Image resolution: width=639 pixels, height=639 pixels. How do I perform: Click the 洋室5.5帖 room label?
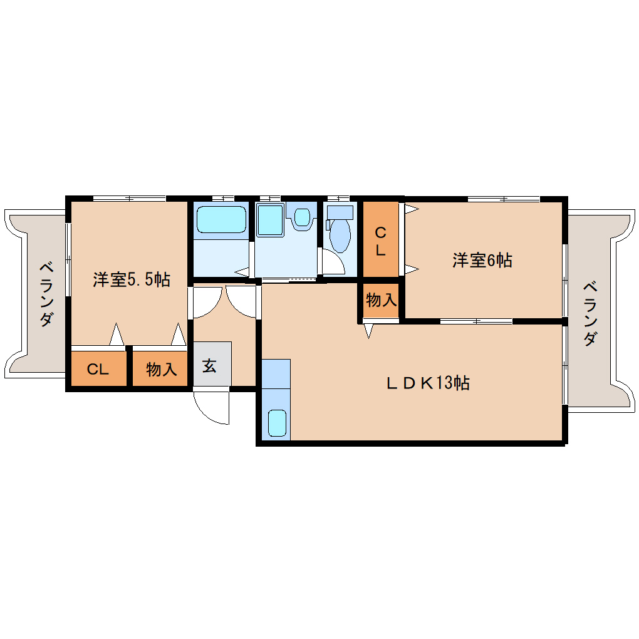131,279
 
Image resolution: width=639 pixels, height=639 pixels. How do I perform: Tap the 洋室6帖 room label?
482,260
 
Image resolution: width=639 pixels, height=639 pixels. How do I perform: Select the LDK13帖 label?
428,383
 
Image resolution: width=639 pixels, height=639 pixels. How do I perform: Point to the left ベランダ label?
46,294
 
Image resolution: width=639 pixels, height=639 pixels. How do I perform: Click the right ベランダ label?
590,314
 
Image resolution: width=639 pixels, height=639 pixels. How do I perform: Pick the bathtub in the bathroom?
221,220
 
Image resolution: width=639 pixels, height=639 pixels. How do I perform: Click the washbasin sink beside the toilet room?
302,217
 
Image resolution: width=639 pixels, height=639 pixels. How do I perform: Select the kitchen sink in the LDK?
277,423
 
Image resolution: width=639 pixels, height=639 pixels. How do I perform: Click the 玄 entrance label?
209,366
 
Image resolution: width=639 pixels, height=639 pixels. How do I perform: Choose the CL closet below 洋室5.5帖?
98,368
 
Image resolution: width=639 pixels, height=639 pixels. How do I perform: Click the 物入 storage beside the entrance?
160,368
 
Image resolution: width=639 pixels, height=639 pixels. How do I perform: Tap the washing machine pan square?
270,220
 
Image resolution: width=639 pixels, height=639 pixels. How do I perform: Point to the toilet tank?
340,212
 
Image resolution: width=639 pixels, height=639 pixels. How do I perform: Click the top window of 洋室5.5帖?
129,199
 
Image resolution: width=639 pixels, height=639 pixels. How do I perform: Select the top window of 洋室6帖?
504,199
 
